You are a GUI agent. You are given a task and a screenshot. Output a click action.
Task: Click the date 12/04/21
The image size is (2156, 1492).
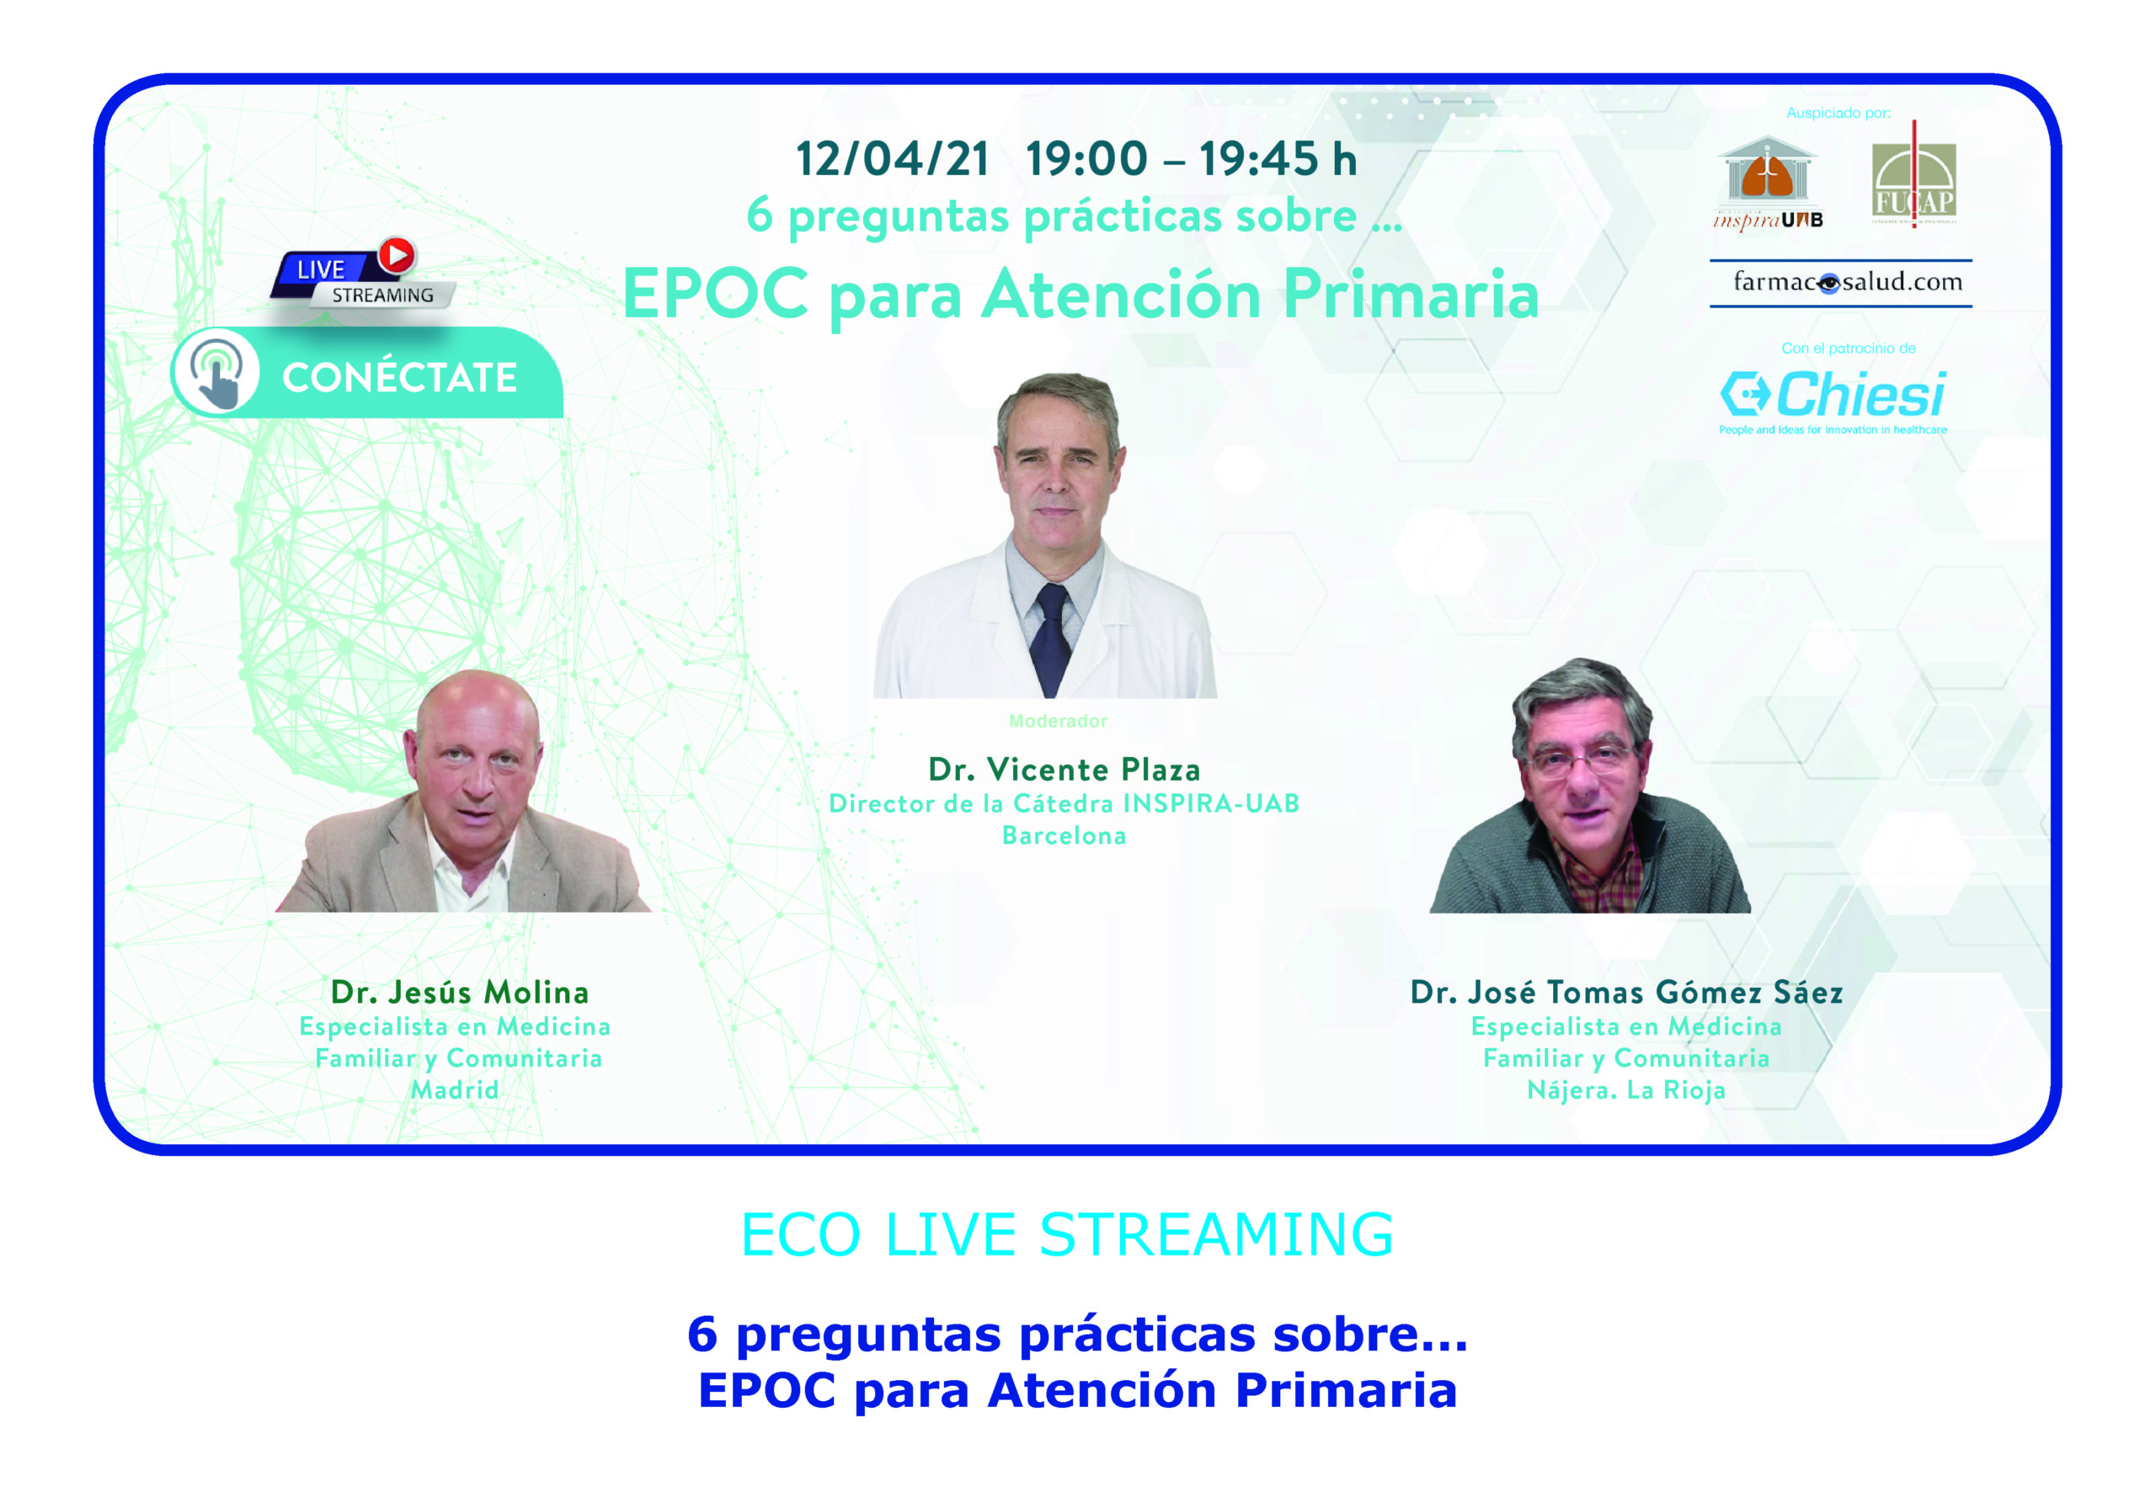click(x=893, y=159)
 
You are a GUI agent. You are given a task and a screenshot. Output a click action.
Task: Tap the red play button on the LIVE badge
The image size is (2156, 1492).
click(x=397, y=255)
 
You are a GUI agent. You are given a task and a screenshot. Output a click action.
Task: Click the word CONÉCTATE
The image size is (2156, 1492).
click(x=400, y=378)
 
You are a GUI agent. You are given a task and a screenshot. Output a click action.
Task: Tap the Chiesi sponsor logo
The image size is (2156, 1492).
click(x=1833, y=401)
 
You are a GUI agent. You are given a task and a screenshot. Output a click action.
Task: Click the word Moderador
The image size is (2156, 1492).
click(x=1058, y=721)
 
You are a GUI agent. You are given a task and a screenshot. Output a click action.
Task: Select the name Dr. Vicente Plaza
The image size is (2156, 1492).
click(x=1064, y=770)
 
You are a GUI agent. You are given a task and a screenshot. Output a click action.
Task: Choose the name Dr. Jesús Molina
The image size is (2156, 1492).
click(x=459, y=992)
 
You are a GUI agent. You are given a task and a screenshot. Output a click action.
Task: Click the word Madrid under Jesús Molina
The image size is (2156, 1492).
click(x=455, y=1090)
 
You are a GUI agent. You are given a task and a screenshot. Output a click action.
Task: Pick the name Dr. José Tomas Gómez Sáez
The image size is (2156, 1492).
click(x=1627, y=992)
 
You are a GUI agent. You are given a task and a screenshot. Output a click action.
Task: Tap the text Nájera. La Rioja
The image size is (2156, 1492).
click(x=1626, y=1090)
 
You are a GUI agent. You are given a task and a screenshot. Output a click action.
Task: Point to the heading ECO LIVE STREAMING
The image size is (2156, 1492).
click(x=1067, y=1234)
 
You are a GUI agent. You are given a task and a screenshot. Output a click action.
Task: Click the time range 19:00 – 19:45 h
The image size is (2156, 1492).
click(x=1191, y=159)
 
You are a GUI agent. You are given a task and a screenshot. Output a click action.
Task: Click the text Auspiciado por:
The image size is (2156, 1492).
click(x=1838, y=113)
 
